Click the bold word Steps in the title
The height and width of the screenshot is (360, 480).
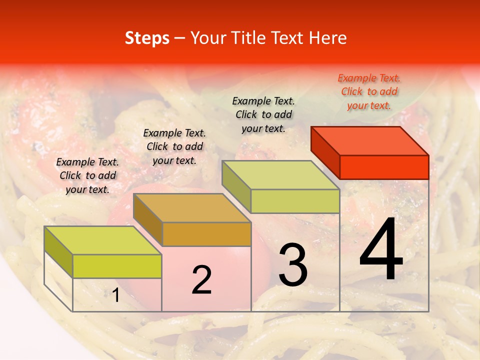pyautogui.click(x=147, y=38)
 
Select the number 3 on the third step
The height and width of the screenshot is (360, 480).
pyautogui.click(x=293, y=265)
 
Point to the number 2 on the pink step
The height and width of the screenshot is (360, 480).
pyautogui.click(x=201, y=280)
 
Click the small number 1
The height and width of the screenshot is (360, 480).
pyautogui.click(x=115, y=295)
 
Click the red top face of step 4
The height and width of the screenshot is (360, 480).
pyautogui.click(x=370, y=141)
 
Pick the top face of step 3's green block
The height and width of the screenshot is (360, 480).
pyautogui.click(x=281, y=175)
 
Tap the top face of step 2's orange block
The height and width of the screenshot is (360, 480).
pyautogui.click(x=192, y=208)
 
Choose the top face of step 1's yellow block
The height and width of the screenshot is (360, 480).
pyautogui.click(x=103, y=240)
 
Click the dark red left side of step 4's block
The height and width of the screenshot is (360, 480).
pyautogui.click(x=325, y=152)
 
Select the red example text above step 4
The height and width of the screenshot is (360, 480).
pyautogui.click(x=369, y=92)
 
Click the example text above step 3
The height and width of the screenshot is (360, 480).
pyautogui.click(x=263, y=115)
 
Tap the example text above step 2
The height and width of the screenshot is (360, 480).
pyautogui.click(x=174, y=147)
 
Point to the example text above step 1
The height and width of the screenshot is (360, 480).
pyautogui.click(x=87, y=176)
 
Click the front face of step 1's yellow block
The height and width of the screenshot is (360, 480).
pyautogui.click(x=117, y=266)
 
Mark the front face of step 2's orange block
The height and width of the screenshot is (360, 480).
pyautogui.click(x=206, y=234)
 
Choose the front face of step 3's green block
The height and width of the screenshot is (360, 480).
pyautogui.click(x=295, y=201)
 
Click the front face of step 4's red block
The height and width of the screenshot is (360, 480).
pyautogui.click(x=384, y=167)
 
